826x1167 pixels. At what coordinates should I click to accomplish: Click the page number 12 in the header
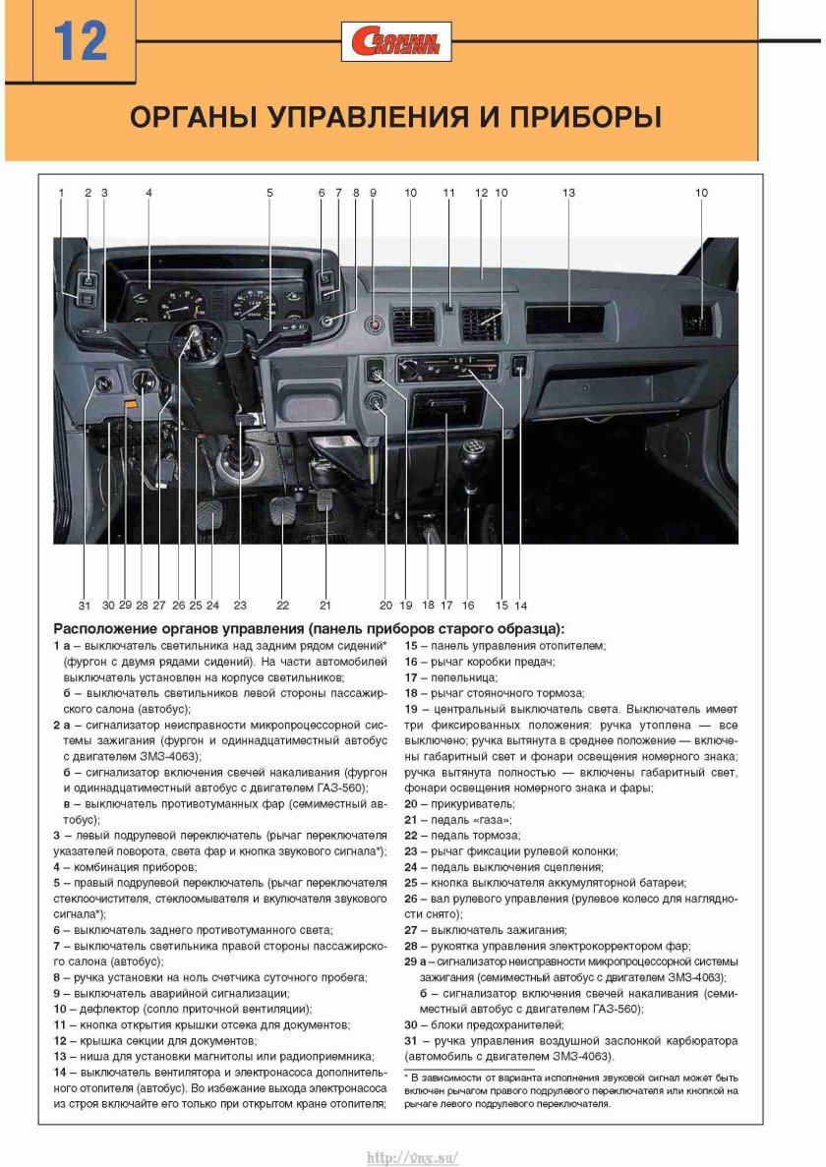click(x=80, y=42)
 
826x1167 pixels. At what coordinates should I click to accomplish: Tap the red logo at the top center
click(x=397, y=41)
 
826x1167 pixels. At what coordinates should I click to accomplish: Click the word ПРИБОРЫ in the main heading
click(x=584, y=119)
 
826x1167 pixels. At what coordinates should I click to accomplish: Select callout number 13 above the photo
click(x=568, y=194)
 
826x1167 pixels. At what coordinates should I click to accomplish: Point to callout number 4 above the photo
click(x=148, y=194)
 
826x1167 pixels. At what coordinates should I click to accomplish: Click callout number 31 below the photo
click(x=85, y=605)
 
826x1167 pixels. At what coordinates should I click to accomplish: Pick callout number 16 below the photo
click(x=468, y=605)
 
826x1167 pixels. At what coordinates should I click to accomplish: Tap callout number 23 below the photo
click(x=240, y=605)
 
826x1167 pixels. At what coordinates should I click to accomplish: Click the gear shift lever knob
click(x=472, y=457)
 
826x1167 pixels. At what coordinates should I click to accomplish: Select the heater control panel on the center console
click(x=447, y=371)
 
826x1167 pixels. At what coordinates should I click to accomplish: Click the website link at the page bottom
click(x=412, y=1157)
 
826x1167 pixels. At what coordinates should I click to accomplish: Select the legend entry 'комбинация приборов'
click(x=129, y=867)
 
